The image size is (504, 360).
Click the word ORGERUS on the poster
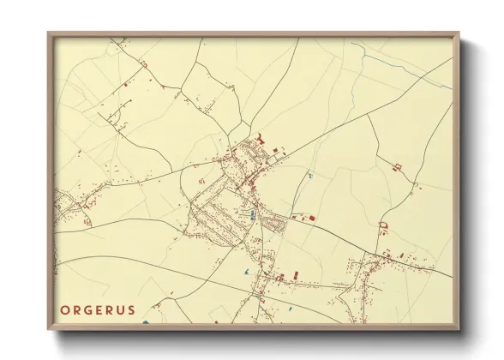[x=98, y=310]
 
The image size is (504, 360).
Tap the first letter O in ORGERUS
[x=65, y=310]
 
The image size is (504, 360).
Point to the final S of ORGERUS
[x=131, y=310]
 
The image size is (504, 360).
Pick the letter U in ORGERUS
[x=121, y=310]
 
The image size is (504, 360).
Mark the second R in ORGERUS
[x=110, y=310]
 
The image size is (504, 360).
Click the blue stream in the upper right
[x=403, y=64]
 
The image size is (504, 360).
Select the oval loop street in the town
[x=277, y=224]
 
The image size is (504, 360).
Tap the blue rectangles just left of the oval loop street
[x=251, y=213]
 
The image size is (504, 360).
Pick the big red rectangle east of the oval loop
[x=312, y=219]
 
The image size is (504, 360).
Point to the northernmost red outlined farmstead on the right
[x=397, y=165]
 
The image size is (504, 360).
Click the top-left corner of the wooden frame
[x=50, y=33]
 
